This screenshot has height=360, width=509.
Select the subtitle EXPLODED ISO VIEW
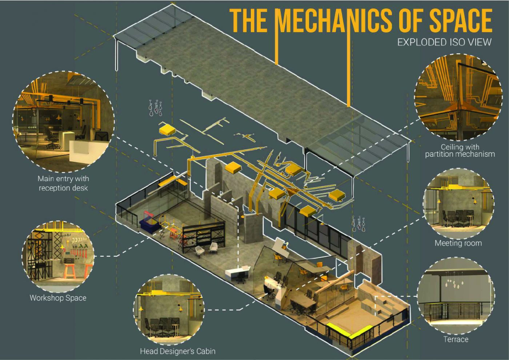(444, 43)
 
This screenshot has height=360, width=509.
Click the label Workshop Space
(58, 298)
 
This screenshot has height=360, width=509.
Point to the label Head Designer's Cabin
(178, 351)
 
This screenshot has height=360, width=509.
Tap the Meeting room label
(458, 243)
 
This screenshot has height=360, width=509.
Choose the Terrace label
(456, 339)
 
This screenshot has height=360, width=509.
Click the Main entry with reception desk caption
(63, 183)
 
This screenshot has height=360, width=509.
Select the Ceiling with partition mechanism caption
(460, 151)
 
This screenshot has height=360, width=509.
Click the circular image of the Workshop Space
(58, 256)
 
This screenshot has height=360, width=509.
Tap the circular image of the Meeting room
(458, 203)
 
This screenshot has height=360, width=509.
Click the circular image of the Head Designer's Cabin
(169, 309)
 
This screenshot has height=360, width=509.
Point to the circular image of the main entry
(63, 121)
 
